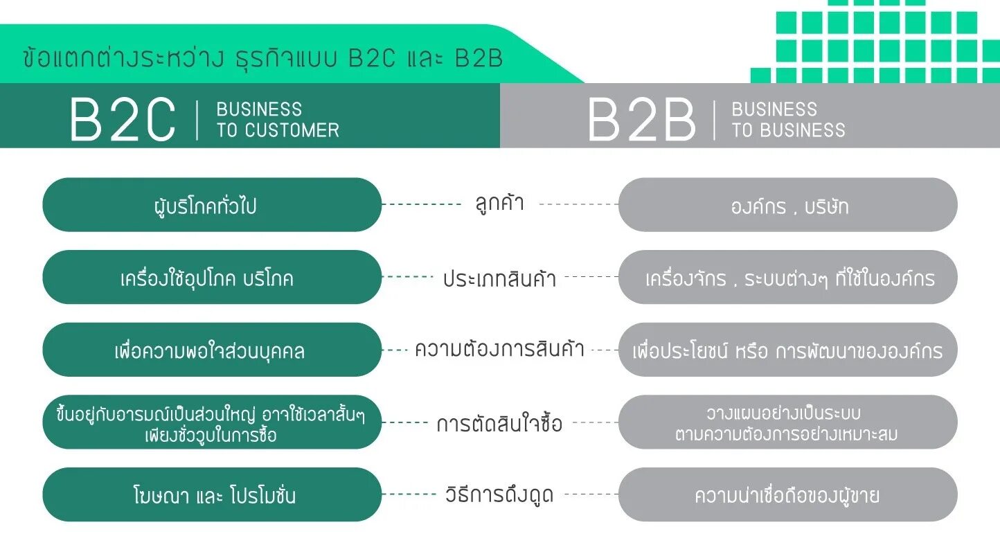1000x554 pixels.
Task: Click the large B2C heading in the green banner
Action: [x=123, y=120]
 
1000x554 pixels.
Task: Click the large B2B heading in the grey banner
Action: [x=641, y=120]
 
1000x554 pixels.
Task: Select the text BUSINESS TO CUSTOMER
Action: [x=278, y=120]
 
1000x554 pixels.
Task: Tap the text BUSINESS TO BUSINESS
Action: [x=788, y=120]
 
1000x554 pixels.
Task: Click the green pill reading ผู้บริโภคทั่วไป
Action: [x=212, y=205]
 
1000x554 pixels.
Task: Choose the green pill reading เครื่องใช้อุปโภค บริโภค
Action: [x=212, y=278]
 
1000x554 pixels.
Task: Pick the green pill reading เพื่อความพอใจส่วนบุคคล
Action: [x=212, y=350]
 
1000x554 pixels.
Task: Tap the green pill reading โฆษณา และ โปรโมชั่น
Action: [x=212, y=495]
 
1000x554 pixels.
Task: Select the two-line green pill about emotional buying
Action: [x=212, y=422]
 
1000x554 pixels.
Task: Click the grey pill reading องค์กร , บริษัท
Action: [x=788, y=206]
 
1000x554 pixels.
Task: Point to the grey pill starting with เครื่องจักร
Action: [x=788, y=278]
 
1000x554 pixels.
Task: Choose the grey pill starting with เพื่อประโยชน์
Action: [x=788, y=350]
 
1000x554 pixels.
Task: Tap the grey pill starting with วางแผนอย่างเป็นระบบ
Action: [x=788, y=422]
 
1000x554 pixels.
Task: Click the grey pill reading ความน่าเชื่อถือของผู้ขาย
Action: [x=788, y=495]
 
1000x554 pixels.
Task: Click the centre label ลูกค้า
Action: [x=500, y=204]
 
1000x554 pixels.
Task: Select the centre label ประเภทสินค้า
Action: [x=500, y=278]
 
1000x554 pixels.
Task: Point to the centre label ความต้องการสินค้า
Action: [x=500, y=349]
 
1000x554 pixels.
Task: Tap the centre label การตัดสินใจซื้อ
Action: [x=500, y=423]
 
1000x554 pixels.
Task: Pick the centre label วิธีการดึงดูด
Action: [x=500, y=495]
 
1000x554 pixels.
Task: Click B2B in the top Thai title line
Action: [x=479, y=58]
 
